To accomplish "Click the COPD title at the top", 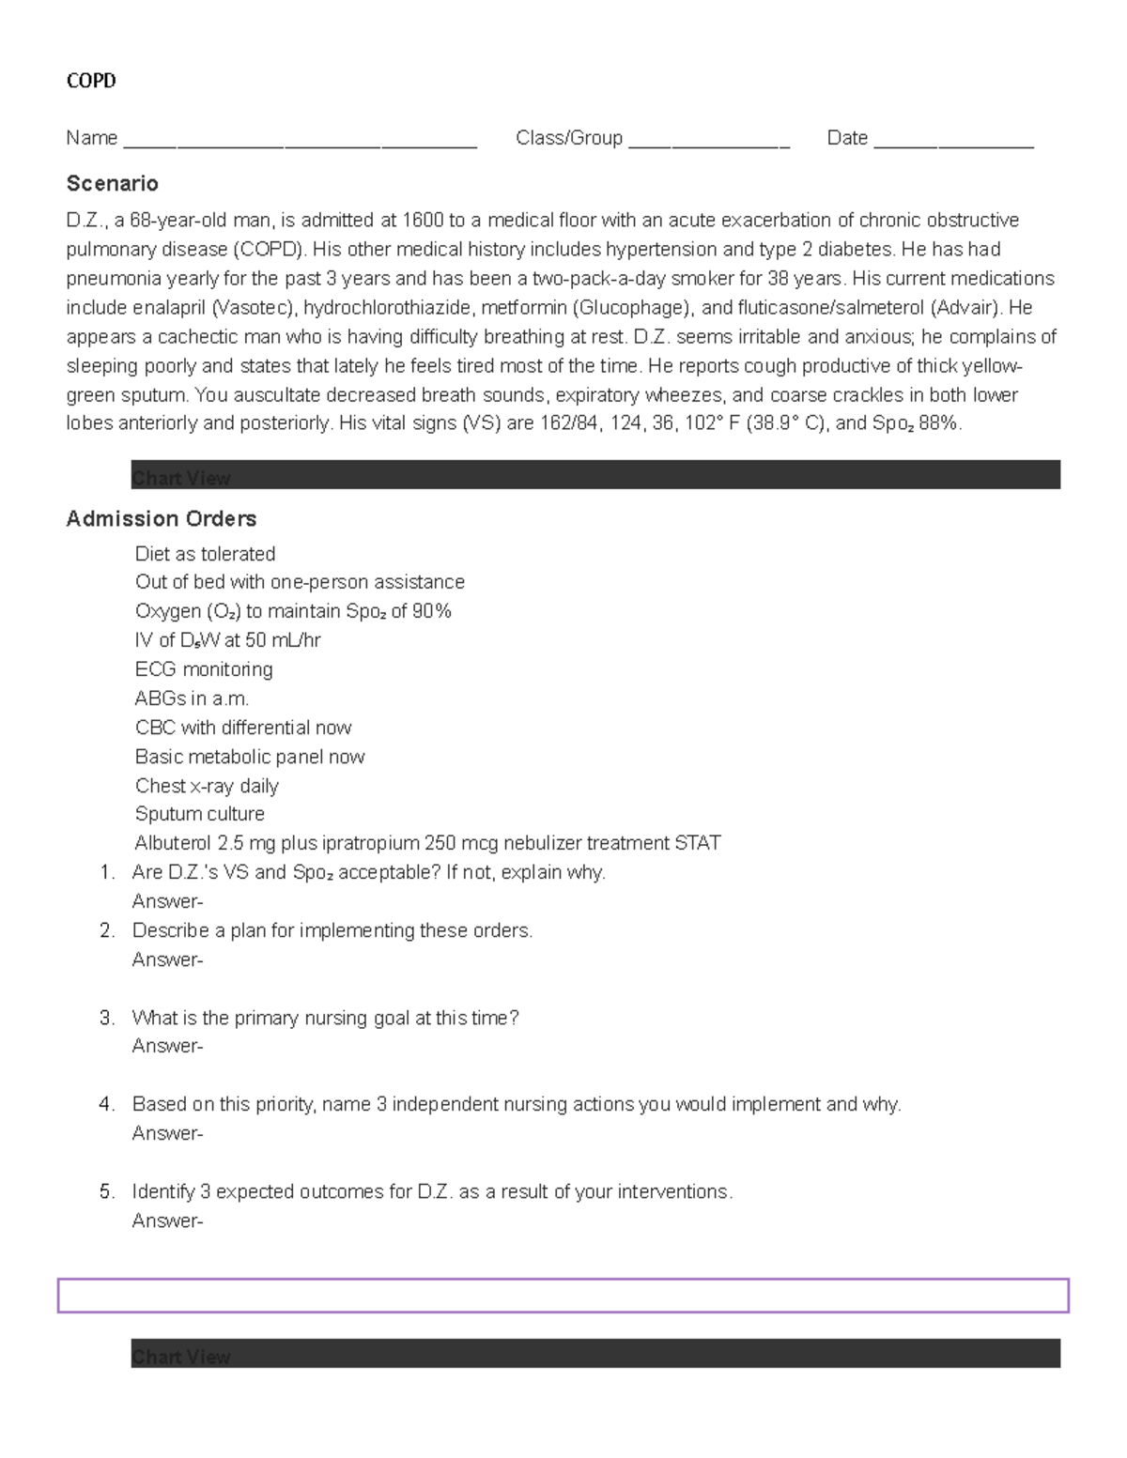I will pyautogui.click(x=91, y=81).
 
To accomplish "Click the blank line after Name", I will pyautogui.click(x=300, y=142).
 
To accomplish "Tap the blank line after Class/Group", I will pyautogui.click(x=709, y=142).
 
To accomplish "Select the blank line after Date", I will pyautogui.click(x=953, y=142).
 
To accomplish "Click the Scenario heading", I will pyautogui.click(x=112, y=183).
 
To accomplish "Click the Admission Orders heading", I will pyautogui.click(x=161, y=519).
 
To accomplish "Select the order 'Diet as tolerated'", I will pyautogui.click(x=205, y=554).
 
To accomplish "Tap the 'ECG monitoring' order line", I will pyautogui.click(x=204, y=669).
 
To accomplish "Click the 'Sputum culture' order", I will pyautogui.click(x=199, y=814).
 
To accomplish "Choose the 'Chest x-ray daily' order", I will pyautogui.click(x=207, y=786).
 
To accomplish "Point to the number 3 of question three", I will pyautogui.click(x=106, y=1018).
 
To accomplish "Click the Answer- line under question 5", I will pyautogui.click(x=167, y=1220).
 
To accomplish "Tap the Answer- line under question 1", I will pyautogui.click(x=167, y=901).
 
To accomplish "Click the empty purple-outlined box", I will pyautogui.click(x=563, y=1296).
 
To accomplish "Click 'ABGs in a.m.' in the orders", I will pyautogui.click(x=192, y=698).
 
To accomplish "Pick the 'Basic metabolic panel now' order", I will pyautogui.click(x=249, y=757).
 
